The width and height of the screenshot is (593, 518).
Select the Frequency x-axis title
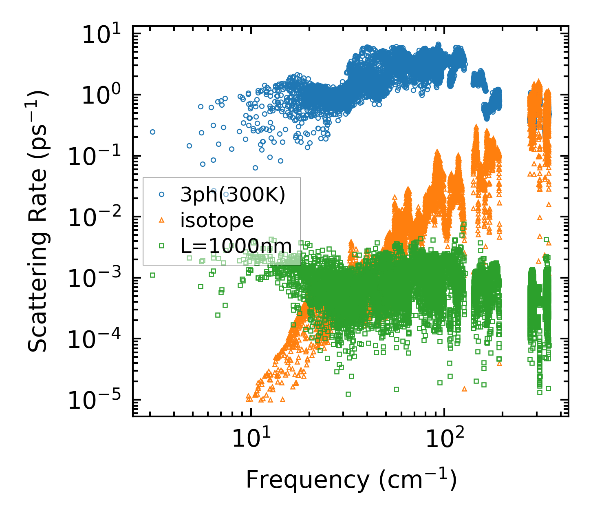point(351,479)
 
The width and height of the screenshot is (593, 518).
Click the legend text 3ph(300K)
point(233,195)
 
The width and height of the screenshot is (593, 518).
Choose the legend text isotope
point(217,221)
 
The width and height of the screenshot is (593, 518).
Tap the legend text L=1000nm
point(236,246)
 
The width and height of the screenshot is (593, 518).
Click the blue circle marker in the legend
point(161,195)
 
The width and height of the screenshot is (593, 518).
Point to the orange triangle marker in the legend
point(161,221)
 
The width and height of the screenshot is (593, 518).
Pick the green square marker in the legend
point(161,246)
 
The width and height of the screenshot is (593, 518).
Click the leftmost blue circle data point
point(152,132)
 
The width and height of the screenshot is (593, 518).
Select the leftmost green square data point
point(152,275)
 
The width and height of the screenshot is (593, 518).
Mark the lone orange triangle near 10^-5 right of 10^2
point(464,389)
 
